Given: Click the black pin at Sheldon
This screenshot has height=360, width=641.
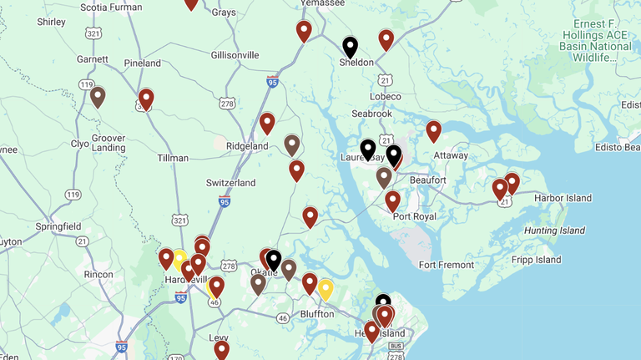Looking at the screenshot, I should (x=351, y=47).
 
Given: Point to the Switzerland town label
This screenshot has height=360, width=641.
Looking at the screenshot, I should (x=230, y=183).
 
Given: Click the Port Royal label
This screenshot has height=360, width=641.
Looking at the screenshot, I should (x=414, y=217).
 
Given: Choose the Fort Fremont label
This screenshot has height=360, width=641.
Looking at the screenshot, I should (x=447, y=266).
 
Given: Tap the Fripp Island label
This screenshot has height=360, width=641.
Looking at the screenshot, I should (x=537, y=260).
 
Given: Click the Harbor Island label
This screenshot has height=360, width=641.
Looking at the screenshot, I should (x=563, y=199).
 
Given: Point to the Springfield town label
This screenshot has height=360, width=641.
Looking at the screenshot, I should (x=58, y=226).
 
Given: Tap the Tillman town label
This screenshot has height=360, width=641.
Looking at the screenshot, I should (x=173, y=158).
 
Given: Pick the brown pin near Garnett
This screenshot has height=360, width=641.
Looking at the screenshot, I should (x=98, y=96).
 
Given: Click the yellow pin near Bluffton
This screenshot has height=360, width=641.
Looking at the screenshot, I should (x=326, y=289).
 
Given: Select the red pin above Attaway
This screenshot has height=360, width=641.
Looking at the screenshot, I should (x=433, y=130).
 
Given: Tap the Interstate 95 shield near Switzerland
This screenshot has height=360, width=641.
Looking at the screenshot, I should (x=225, y=201).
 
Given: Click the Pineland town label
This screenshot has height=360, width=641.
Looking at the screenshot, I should (x=142, y=63).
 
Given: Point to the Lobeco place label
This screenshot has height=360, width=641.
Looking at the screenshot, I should (x=386, y=97).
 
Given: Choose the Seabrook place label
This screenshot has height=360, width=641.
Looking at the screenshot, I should (x=371, y=114).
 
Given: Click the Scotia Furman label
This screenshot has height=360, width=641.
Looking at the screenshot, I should (x=110, y=8).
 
